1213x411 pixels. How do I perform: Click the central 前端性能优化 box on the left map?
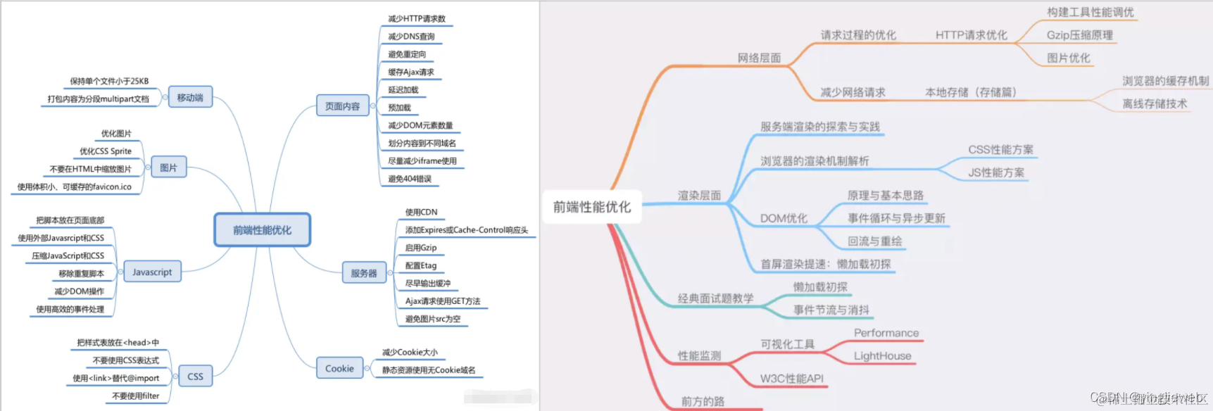(x=262, y=230)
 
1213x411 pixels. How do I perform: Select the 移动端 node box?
(x=190, y=97)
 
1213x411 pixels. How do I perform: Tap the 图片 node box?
(x=168, y=167)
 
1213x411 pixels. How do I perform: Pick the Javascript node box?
(x=152, y=272)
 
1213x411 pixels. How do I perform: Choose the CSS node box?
(x=195, y=377)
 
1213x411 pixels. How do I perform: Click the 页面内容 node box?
(x=342, y=106)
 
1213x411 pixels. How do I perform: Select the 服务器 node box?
(x=363, y=273)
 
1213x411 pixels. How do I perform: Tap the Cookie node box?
(x=339, y=368)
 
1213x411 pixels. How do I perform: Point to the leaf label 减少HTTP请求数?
(x=417, y=19)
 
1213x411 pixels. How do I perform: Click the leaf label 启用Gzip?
(x=421, y=248)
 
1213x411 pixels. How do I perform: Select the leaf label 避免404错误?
(x=410, y=179)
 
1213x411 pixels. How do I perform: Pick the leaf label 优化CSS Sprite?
(x=106, y=151)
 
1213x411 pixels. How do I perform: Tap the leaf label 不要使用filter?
(x=136, y=396)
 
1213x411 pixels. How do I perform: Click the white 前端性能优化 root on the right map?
(x=591, y=207)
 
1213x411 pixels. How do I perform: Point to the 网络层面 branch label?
(x=759, y=58)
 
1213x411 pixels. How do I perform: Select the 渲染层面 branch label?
(x=699, y=196)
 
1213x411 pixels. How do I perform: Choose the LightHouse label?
(x=882, y=356)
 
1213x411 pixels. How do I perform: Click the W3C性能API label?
(x=791, y=379)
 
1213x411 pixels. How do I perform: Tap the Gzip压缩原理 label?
(x=1079, y=35)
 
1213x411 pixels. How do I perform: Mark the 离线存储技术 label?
(x=1155, y=104)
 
